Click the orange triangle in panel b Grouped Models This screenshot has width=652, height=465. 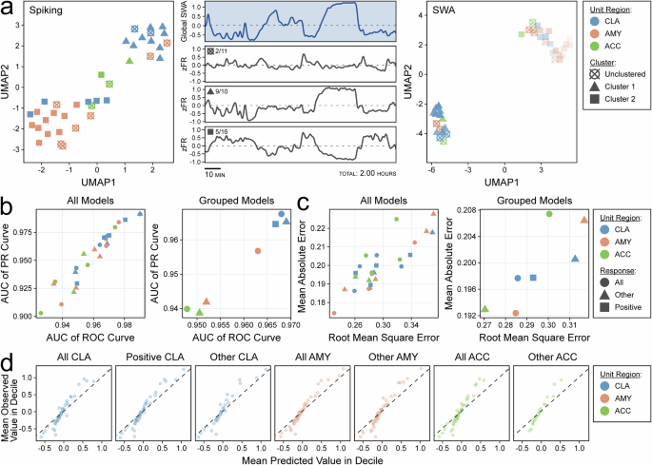point(207,300)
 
